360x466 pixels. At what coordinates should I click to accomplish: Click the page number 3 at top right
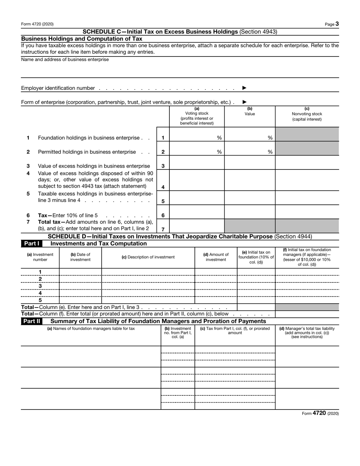pos(337,24)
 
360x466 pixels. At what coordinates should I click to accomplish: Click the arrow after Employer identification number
pos(244,88)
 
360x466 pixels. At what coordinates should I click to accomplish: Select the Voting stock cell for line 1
pos(197,138)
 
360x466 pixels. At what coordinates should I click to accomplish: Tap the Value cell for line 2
pos(250,152)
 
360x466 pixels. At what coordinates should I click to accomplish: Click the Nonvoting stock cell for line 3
pos(307,166)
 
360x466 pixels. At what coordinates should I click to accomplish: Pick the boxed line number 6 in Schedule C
pos(163,215)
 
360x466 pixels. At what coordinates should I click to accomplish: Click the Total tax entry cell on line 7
pos(197,226)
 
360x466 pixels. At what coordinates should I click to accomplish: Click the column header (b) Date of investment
pos(80,257)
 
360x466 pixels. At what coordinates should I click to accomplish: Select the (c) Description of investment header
pos(148,257)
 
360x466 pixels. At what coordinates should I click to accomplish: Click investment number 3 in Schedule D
pos(40,286)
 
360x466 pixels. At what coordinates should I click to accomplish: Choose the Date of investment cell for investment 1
pos(80,272)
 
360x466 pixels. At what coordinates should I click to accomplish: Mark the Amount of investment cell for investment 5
pos(216,300)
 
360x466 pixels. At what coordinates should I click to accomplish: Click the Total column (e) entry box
pos(256,307)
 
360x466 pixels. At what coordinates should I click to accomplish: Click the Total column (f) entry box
pos(307,314)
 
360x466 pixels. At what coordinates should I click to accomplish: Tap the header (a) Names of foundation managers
pos(91,329)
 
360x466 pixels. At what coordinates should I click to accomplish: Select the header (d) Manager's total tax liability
pos(307,333)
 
